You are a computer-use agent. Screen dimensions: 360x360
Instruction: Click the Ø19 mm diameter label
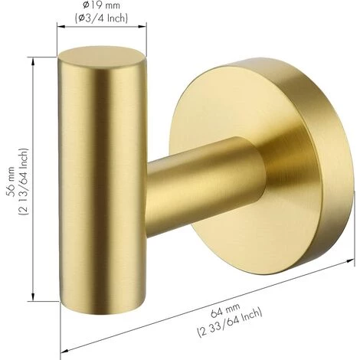(101, 5)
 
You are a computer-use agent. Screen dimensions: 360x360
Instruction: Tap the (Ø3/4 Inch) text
(101, 18)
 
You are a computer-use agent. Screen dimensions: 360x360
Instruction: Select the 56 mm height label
(11, 182)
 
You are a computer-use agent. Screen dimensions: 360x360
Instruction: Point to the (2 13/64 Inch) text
(23, 182)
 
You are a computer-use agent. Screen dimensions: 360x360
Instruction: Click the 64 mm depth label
(225, 310)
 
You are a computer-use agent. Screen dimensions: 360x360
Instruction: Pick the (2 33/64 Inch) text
(230, 322)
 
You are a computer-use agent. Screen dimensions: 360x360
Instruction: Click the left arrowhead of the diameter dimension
(61, 26)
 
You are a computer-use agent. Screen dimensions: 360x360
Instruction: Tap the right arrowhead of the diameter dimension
(142, 26)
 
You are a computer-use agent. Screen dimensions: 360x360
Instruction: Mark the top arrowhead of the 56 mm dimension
(33, 61)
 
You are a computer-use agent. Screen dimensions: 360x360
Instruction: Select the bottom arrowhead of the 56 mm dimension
(33, 296)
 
